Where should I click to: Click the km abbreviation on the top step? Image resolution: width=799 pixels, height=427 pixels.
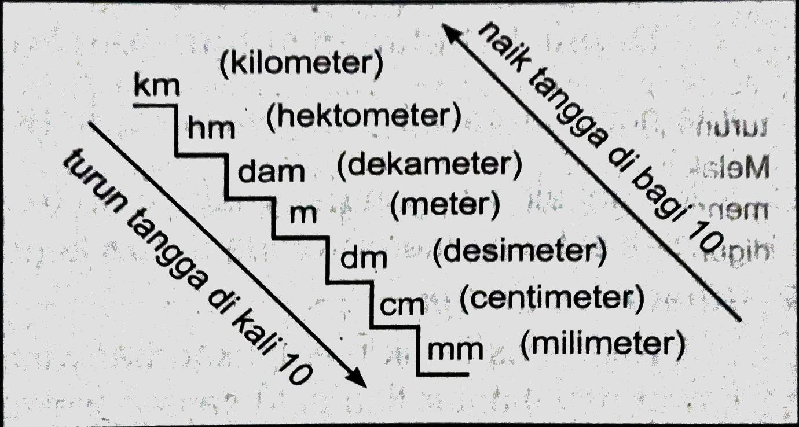tap(156, 87)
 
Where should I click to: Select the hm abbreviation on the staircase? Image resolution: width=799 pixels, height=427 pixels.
tap(211, 128)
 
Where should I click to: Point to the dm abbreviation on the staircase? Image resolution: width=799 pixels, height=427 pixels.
tap(363, 259)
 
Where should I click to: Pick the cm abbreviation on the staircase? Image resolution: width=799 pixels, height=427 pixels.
tap(402, 305)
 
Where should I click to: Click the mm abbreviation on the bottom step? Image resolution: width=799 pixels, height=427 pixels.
tap(455, 349)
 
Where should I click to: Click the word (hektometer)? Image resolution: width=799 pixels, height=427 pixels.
tap(364, 117)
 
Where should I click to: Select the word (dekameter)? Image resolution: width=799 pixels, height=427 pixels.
tap(429, 166)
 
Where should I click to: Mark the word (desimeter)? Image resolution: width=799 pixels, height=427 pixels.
tap(519, 251)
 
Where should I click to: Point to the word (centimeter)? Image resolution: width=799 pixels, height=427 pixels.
tap(552, 299)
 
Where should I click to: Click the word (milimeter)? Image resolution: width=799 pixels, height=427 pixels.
tap(602, 344)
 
